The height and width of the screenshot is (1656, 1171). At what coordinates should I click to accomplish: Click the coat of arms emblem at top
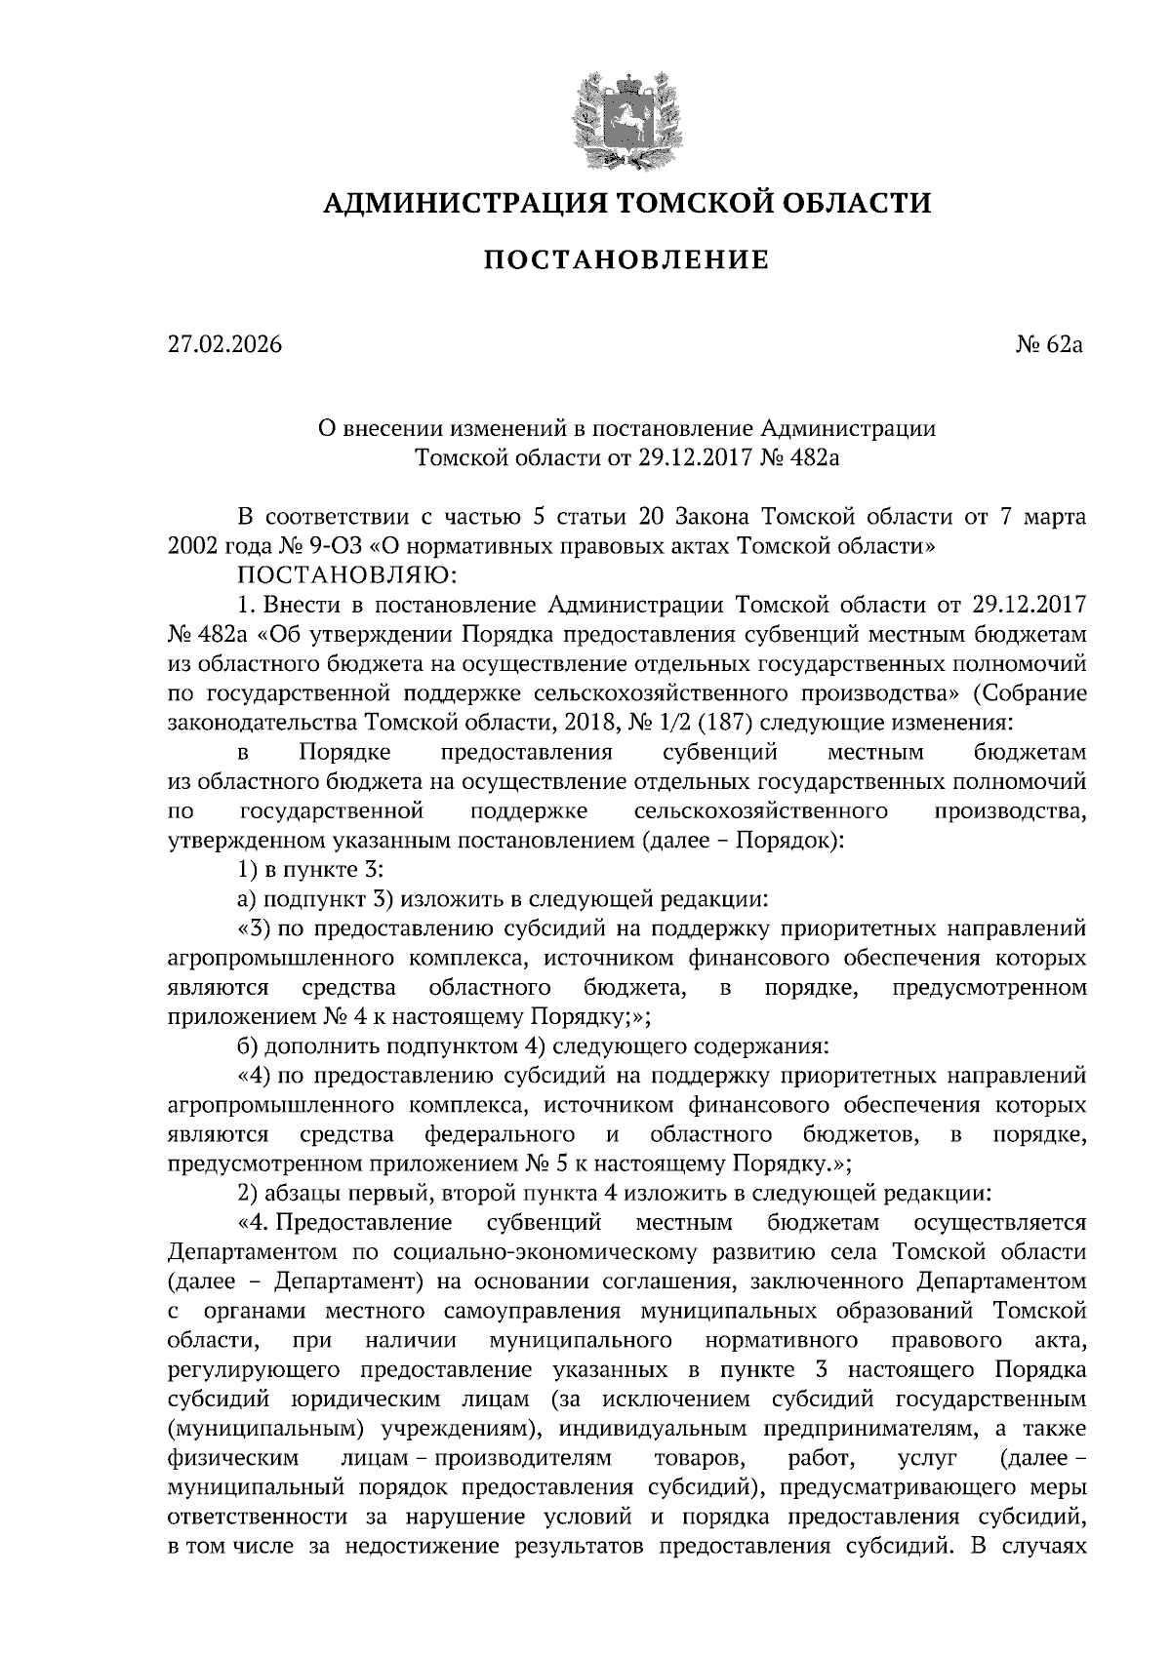(626, 115)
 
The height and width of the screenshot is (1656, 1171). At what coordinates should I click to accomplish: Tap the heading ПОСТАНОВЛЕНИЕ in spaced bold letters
(626, 259)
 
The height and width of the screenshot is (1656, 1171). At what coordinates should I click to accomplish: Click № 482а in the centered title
(803, 456)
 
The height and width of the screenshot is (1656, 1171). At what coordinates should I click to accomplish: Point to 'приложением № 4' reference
(252, 1016)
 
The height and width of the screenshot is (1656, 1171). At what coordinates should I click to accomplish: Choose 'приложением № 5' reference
(585, 1163)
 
